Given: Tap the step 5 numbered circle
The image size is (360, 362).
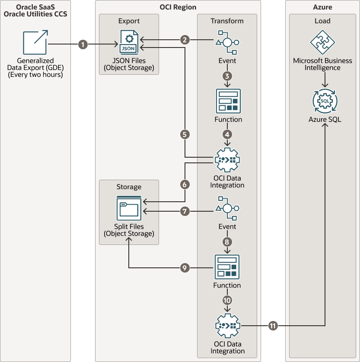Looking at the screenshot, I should point(185,134).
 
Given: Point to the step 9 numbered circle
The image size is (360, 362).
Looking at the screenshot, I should point(185,268).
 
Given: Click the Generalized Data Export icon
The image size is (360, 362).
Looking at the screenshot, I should point(35,42).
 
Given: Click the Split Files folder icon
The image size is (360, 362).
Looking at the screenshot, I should point(129,208).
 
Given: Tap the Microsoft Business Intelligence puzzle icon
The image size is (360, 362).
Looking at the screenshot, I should point(323,42).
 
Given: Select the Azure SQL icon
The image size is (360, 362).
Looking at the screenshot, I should point(325,101).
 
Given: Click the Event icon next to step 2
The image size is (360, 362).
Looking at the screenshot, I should point(227,42).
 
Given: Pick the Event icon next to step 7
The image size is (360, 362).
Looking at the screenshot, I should point(227,208).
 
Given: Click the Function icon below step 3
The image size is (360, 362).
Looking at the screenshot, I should point(228,101).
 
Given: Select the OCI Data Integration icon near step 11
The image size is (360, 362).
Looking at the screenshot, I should point(227,326).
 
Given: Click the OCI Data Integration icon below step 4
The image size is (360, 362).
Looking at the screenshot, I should point(227,160).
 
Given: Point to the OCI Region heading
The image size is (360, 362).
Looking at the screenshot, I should point(178,7).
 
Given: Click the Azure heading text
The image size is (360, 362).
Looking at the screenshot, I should point(322,7).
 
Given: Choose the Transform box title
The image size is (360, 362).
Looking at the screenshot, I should point(227,21).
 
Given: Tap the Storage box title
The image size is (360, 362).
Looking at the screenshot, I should point(129,187).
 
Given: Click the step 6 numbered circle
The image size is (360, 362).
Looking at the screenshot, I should point(185,184).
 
